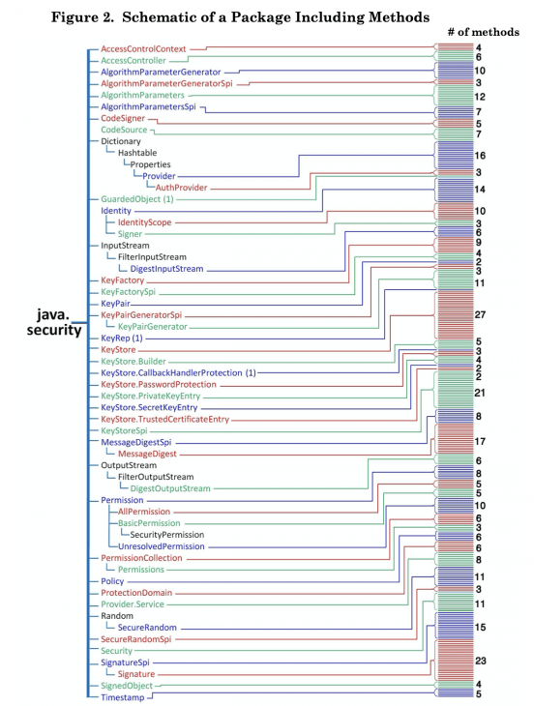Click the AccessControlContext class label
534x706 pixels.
point(143,48)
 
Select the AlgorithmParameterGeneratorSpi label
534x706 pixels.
point(166,84)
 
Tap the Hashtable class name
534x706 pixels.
point(137,153)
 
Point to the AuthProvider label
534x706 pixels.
point(182,188)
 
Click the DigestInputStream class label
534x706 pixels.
point(166,269)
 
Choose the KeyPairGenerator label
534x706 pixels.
point(153,327)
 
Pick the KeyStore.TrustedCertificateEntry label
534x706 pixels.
point(164,419)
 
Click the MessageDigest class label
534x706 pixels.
point(147,454)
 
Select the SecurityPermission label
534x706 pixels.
point(167,535)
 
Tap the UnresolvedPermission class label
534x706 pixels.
point(162,546)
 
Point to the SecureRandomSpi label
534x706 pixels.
point(136,639)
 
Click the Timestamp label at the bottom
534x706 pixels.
point(123,697)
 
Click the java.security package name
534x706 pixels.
point(54,322)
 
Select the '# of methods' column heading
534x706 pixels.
point(483,32)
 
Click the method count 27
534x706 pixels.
point(480,314)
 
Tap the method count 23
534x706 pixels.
point(481,661)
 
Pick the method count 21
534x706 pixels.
point(480,393)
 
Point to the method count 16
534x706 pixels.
point(480,156)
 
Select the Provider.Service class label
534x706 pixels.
point(133,604)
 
